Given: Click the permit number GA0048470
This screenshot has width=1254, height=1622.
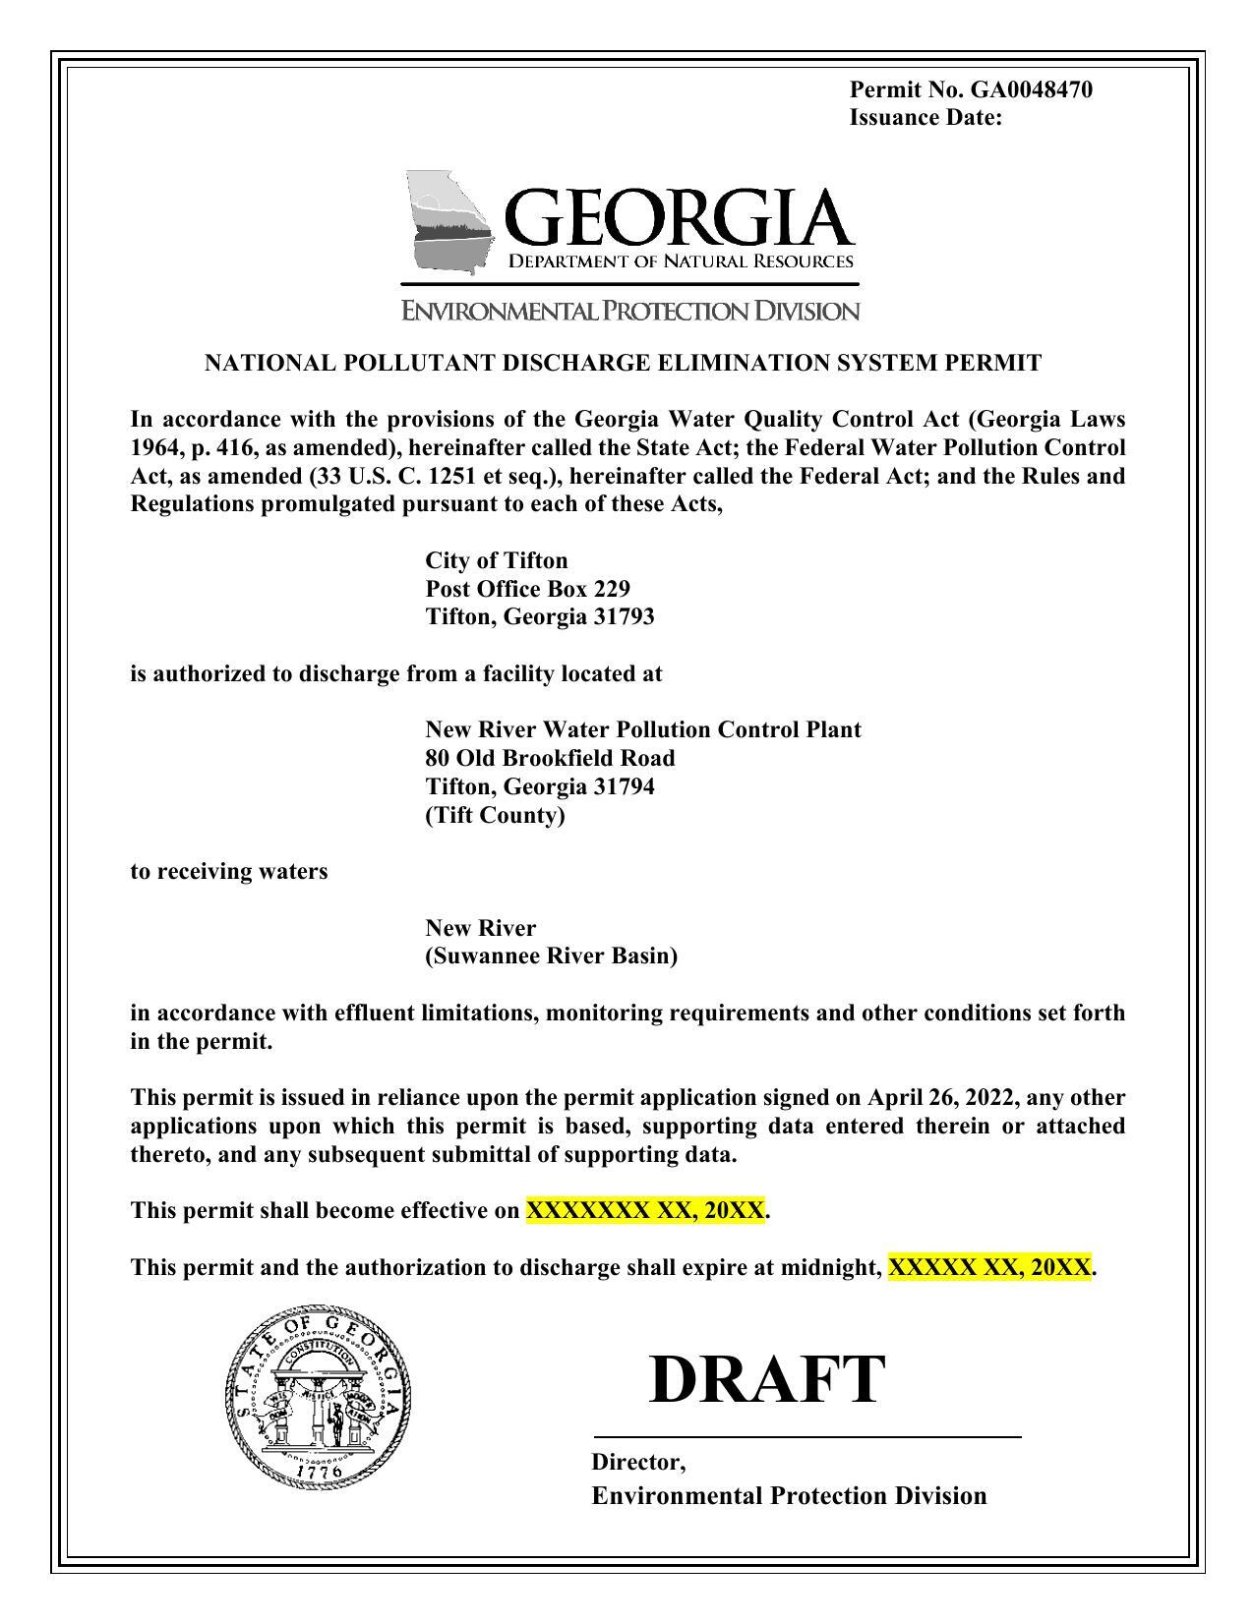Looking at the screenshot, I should point(1031,90).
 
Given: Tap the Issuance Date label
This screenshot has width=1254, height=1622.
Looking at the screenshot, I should point(925,118).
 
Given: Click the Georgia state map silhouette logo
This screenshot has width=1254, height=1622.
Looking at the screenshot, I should point(448,222).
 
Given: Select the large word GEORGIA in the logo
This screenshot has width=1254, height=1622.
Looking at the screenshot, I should point(678,217).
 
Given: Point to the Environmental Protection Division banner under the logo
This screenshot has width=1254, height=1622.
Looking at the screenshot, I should point(630,312).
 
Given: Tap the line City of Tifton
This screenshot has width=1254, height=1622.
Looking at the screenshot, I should point(496,560).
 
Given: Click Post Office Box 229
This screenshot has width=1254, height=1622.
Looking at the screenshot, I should point(527,589).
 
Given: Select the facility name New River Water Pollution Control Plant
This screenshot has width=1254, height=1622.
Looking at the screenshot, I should point(642,729).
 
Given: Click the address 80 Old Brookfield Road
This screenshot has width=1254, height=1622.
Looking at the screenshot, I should point(550,758).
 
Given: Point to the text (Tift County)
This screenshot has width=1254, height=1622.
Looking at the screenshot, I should point(495,815).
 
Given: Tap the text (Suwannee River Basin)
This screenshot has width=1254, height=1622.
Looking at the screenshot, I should point(551,956).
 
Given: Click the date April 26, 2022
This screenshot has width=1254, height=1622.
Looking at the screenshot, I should point(941,1097).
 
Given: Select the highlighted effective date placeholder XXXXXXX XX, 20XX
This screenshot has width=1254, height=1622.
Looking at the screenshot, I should point(645,1210).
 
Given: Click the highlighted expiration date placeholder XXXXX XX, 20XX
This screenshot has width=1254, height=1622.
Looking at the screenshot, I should point(989,1267).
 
